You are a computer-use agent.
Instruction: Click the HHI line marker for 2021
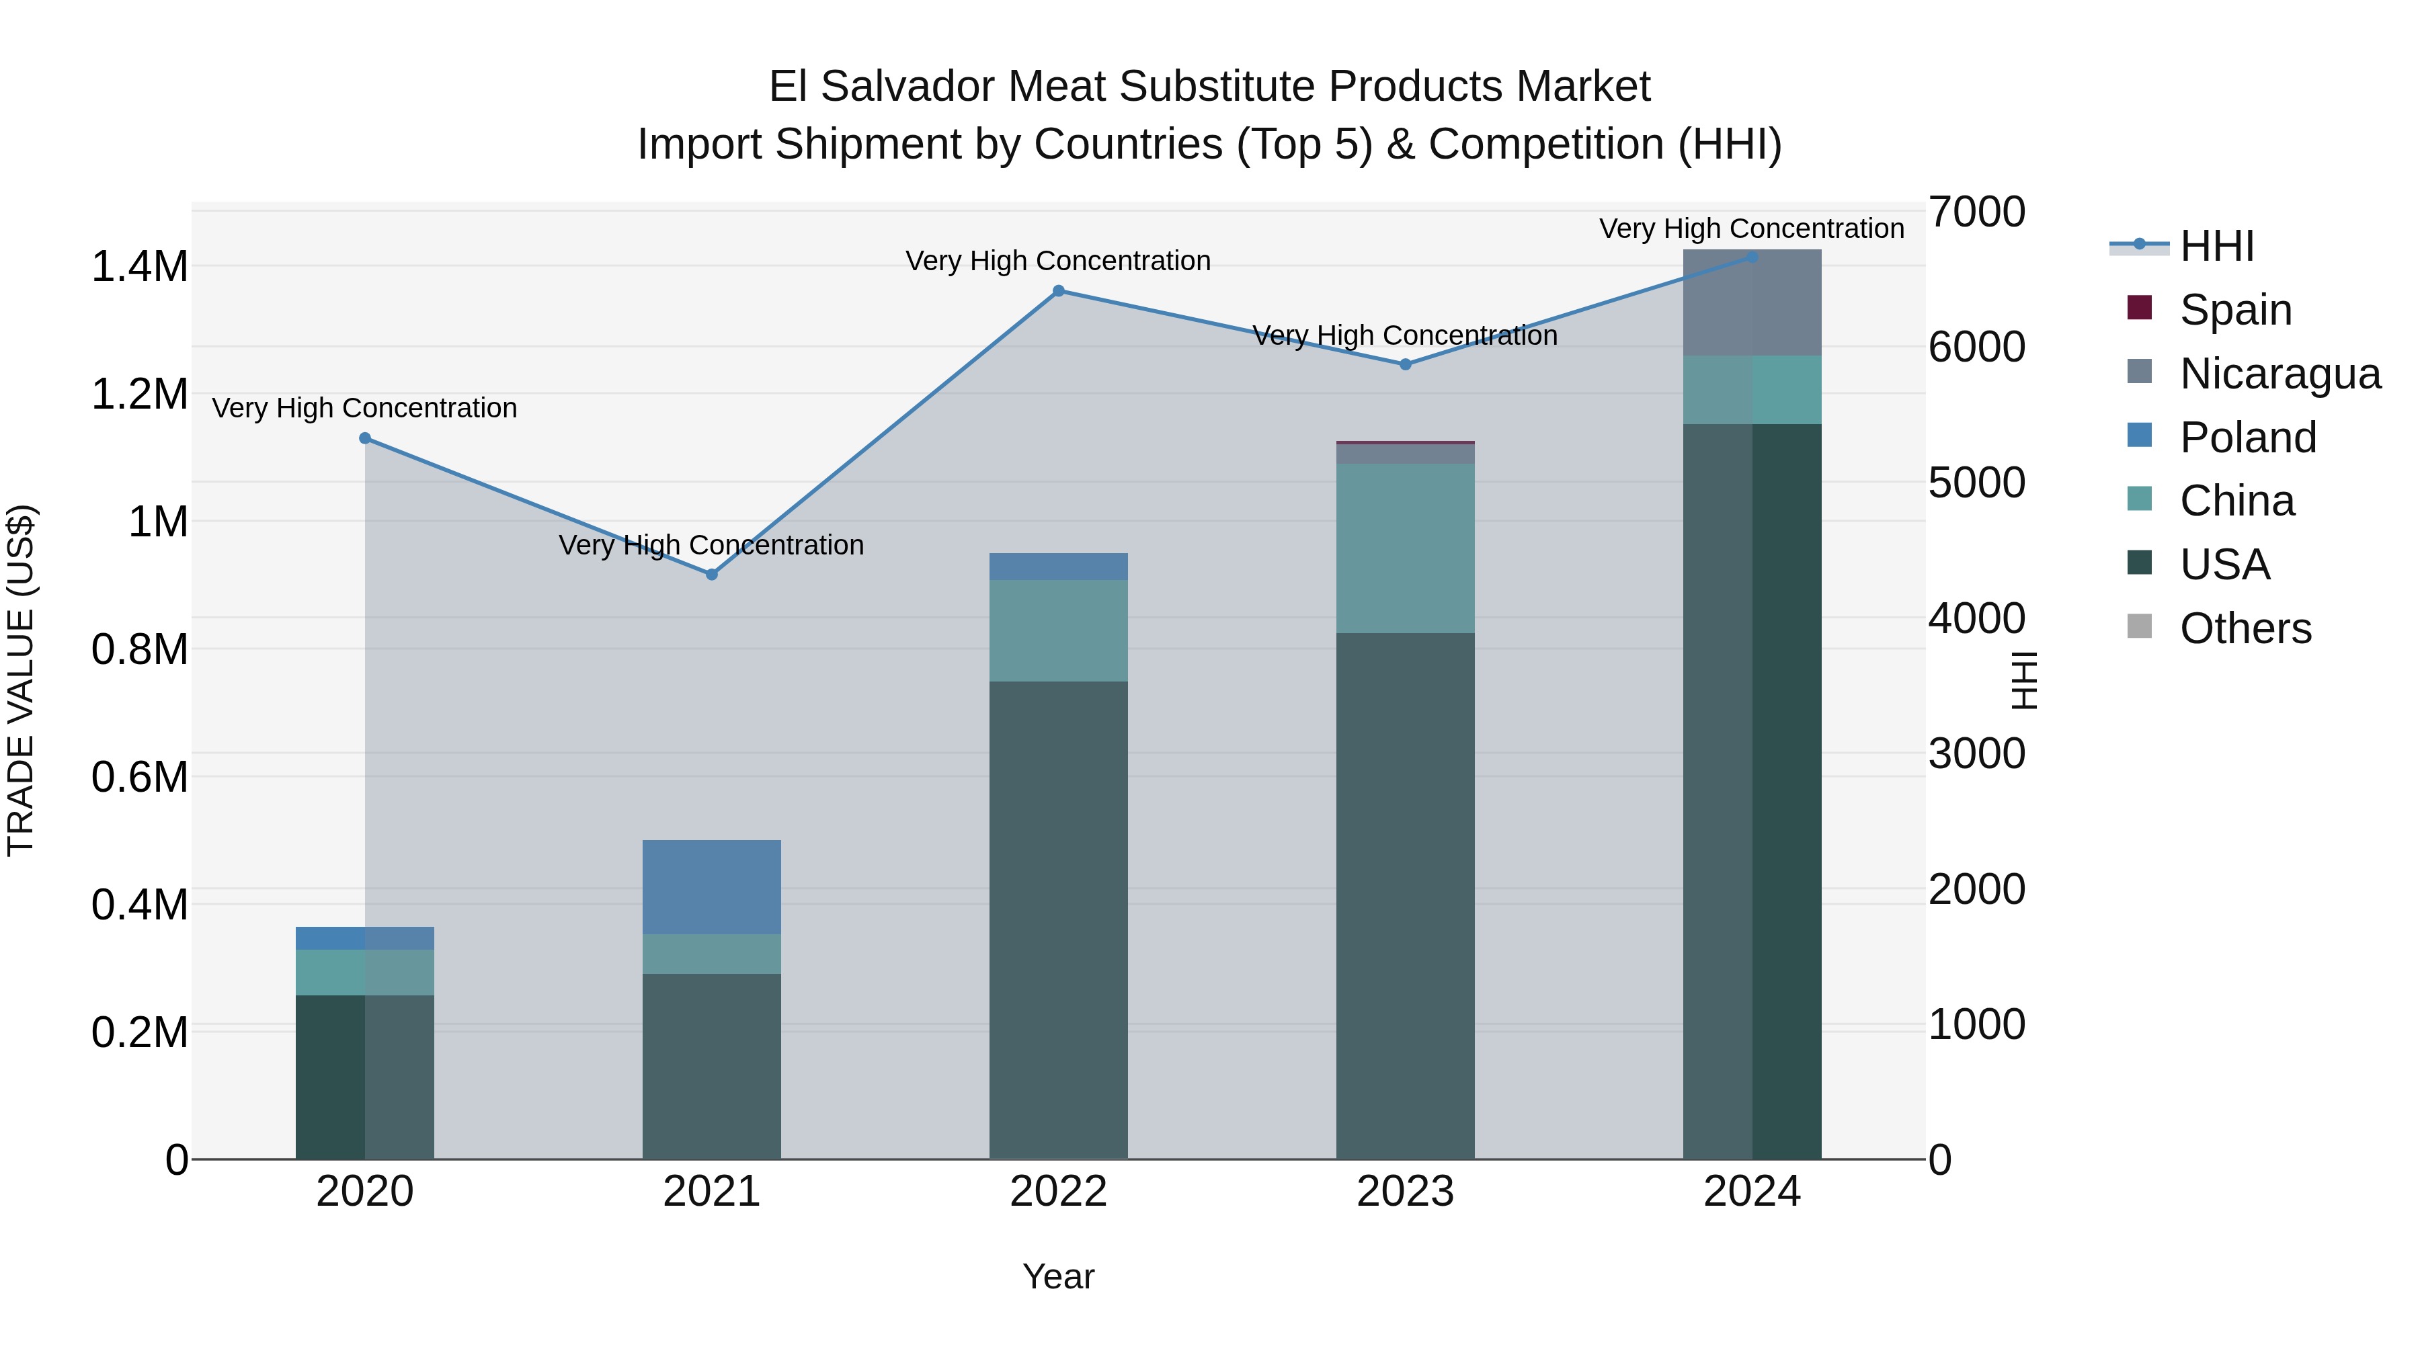pyautogui.click(x=711, y=574)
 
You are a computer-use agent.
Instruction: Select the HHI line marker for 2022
pyautogui.click(x=1058, y=291)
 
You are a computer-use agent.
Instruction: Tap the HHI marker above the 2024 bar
pyautogui.click(x=1751, y=257)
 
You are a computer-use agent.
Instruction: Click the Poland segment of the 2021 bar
pyautogui.click(x=711, y=886)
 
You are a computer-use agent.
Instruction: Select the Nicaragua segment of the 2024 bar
pyautogui.click(x=1751, y=302)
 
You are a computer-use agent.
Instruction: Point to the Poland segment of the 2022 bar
pyautogui.click(x=1058, y=567)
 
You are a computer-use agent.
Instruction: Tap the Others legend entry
pyautogui.click(x=2245, y=628)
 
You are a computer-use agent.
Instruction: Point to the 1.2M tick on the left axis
pyautogui.click(x=139, y=395)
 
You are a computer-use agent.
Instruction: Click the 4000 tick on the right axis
pyautogui.click(x=1976, y=618)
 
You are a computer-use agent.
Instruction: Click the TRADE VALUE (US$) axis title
pyautogui.click(x=21, y=680)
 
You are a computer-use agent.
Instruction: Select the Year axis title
pyautogui.click(x=1058, y=1276)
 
